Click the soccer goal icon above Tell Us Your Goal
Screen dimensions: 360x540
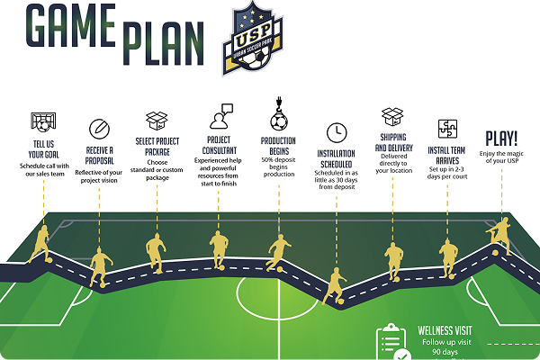(x=40, y=121)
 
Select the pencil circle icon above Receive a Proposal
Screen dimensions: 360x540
(x=98, y=129)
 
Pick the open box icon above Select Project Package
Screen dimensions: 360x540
(x=157, y=121)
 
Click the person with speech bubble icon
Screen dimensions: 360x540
(x=220, y=118)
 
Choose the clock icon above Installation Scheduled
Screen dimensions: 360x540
(x=336, y=131)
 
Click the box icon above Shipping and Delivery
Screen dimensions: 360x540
(x=392, y=116)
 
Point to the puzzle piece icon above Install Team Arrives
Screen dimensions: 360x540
(x=448, y=128)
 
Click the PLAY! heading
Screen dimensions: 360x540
(x=501, y=139)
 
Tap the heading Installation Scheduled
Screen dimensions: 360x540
(x=336, y=159)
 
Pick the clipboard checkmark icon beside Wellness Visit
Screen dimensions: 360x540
(x=392, y=343)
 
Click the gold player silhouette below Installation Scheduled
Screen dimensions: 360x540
(x=335, y=285)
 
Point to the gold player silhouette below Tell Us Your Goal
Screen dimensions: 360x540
(x=40, y=241)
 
